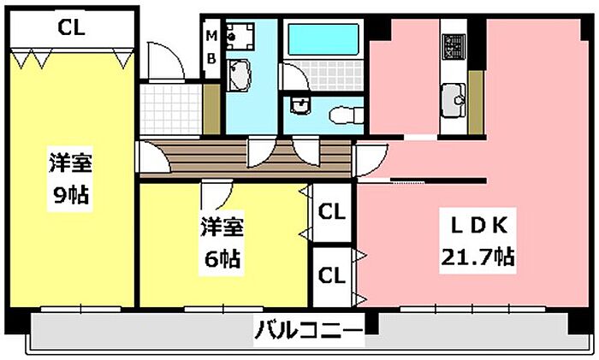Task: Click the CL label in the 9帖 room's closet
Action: pos(71,27)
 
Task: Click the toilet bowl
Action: pos(342,114)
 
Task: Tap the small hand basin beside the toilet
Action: pos(299,105)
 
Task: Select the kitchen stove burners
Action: pos(451,44)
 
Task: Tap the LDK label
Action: pos(479,226)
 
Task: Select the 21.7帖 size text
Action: pos(479,256)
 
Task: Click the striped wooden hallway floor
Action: pos(248,156)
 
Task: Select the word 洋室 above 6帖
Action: pos(222,228)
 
